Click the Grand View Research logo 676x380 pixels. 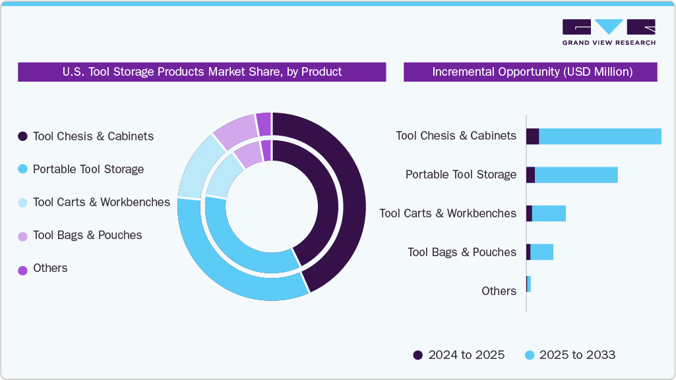pyautogui.click(x=608, y=32)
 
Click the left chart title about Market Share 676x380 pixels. pyautogui.click(x=202, y=72)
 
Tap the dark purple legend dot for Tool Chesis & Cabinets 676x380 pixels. pyautogui.click(x=22, y=136)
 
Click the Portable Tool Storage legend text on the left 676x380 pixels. pyautogui.click(x=88, y=169)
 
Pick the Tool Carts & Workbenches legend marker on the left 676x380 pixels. pyautogui.click(x=22, y=202)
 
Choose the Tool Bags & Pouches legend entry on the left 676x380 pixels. pyautogui.click(x=87, y=235)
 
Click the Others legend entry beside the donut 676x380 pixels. pyautogui.click(x=50, y=268)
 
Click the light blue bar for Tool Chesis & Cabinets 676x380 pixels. pyautogui.click(x=599, y=136)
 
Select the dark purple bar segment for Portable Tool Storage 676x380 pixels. pyautogui.click(x=530, y=175)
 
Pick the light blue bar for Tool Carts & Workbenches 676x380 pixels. pyautogui.click(x=549, y=213)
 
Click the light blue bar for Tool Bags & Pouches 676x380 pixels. pyautogui.click(x=541, y=252)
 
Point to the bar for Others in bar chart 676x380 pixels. pyautogui.click(x=528, y=284)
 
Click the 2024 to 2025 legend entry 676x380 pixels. pyautogui.click(x=459, y=355)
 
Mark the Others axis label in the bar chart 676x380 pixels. pyautogui.click(x=499, y=291)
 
